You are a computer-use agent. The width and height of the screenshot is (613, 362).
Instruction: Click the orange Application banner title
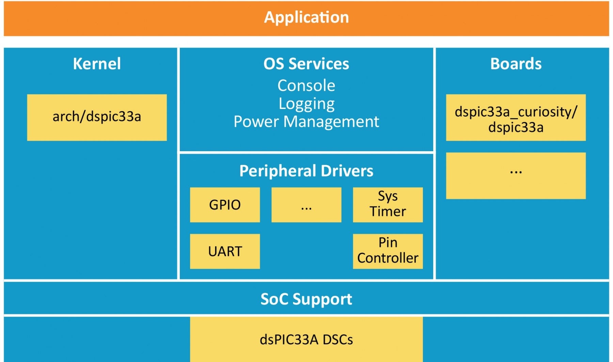(306, 17)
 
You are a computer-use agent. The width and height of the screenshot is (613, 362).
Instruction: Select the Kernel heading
(97, 64)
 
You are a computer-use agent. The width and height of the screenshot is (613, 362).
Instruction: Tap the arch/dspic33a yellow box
(97, 117)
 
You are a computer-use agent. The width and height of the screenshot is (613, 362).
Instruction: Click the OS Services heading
(306, 64)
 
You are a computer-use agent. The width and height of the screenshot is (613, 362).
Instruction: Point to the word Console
(306, 85)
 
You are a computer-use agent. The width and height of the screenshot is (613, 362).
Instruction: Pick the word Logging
(306, 104)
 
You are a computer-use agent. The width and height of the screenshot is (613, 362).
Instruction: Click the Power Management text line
(306, 122)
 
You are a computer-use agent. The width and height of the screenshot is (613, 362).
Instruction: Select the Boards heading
(516, 64)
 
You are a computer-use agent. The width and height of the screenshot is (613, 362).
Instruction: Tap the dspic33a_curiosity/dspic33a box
(516, 117)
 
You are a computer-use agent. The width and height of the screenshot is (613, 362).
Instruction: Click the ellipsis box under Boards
(516, 175)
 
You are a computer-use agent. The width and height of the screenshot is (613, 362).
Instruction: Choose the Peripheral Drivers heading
(306, 171)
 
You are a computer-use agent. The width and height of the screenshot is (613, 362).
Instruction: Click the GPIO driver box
(225, 205)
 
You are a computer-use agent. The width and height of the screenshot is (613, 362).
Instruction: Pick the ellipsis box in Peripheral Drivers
(306, 205)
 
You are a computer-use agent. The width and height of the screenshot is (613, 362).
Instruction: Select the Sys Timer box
(388, 205)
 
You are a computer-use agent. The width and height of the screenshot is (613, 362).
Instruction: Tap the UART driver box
(225, 251)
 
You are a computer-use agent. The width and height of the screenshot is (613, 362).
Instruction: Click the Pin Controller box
(388, 251)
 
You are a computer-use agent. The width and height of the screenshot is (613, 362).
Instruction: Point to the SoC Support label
(306, 299)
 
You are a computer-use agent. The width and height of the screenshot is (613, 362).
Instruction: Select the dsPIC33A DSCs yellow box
(306, 339)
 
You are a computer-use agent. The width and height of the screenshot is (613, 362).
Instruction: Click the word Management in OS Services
(331, 122)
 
